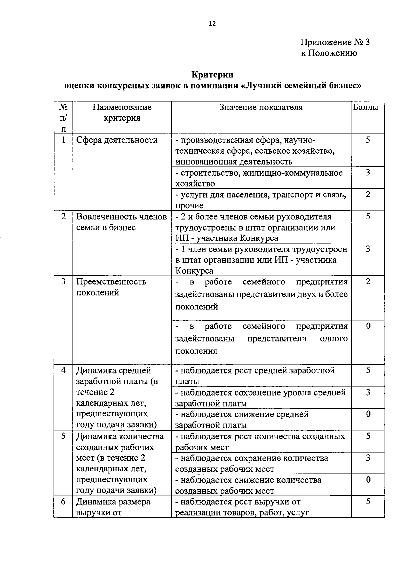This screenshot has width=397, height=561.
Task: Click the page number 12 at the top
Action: [x=212, y=23]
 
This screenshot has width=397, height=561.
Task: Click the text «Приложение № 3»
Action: [x=335, y=42]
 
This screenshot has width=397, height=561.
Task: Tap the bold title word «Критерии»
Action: [x=212, y=75]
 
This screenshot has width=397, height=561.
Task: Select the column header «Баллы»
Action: [x=366, y=107]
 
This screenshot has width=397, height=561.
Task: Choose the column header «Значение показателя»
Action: [x=261, y=107]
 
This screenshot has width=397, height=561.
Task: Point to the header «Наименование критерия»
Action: [x=122, y=112]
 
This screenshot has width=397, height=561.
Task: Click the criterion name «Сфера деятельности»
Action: [x=117, y=140]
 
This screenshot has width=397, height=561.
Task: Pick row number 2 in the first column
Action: [x=63, y=216]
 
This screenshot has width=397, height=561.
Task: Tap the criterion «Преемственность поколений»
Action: [x=111, y=287]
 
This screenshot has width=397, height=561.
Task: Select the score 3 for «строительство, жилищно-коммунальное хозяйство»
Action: [x=368, y=172]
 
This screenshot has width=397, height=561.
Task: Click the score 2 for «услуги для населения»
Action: [x=368, y=194]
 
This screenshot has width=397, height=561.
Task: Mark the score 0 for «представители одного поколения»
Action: [x=368, y=326]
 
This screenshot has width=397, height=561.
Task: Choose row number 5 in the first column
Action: [x=63, y=436]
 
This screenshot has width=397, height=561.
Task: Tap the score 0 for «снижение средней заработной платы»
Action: [x=368, y=414]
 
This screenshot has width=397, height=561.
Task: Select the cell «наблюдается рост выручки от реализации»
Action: [x=242, y=507]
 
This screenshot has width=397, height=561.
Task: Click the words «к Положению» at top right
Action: [x=329, y=53]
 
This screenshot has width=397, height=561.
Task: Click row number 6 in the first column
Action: [x=63, y=502]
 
